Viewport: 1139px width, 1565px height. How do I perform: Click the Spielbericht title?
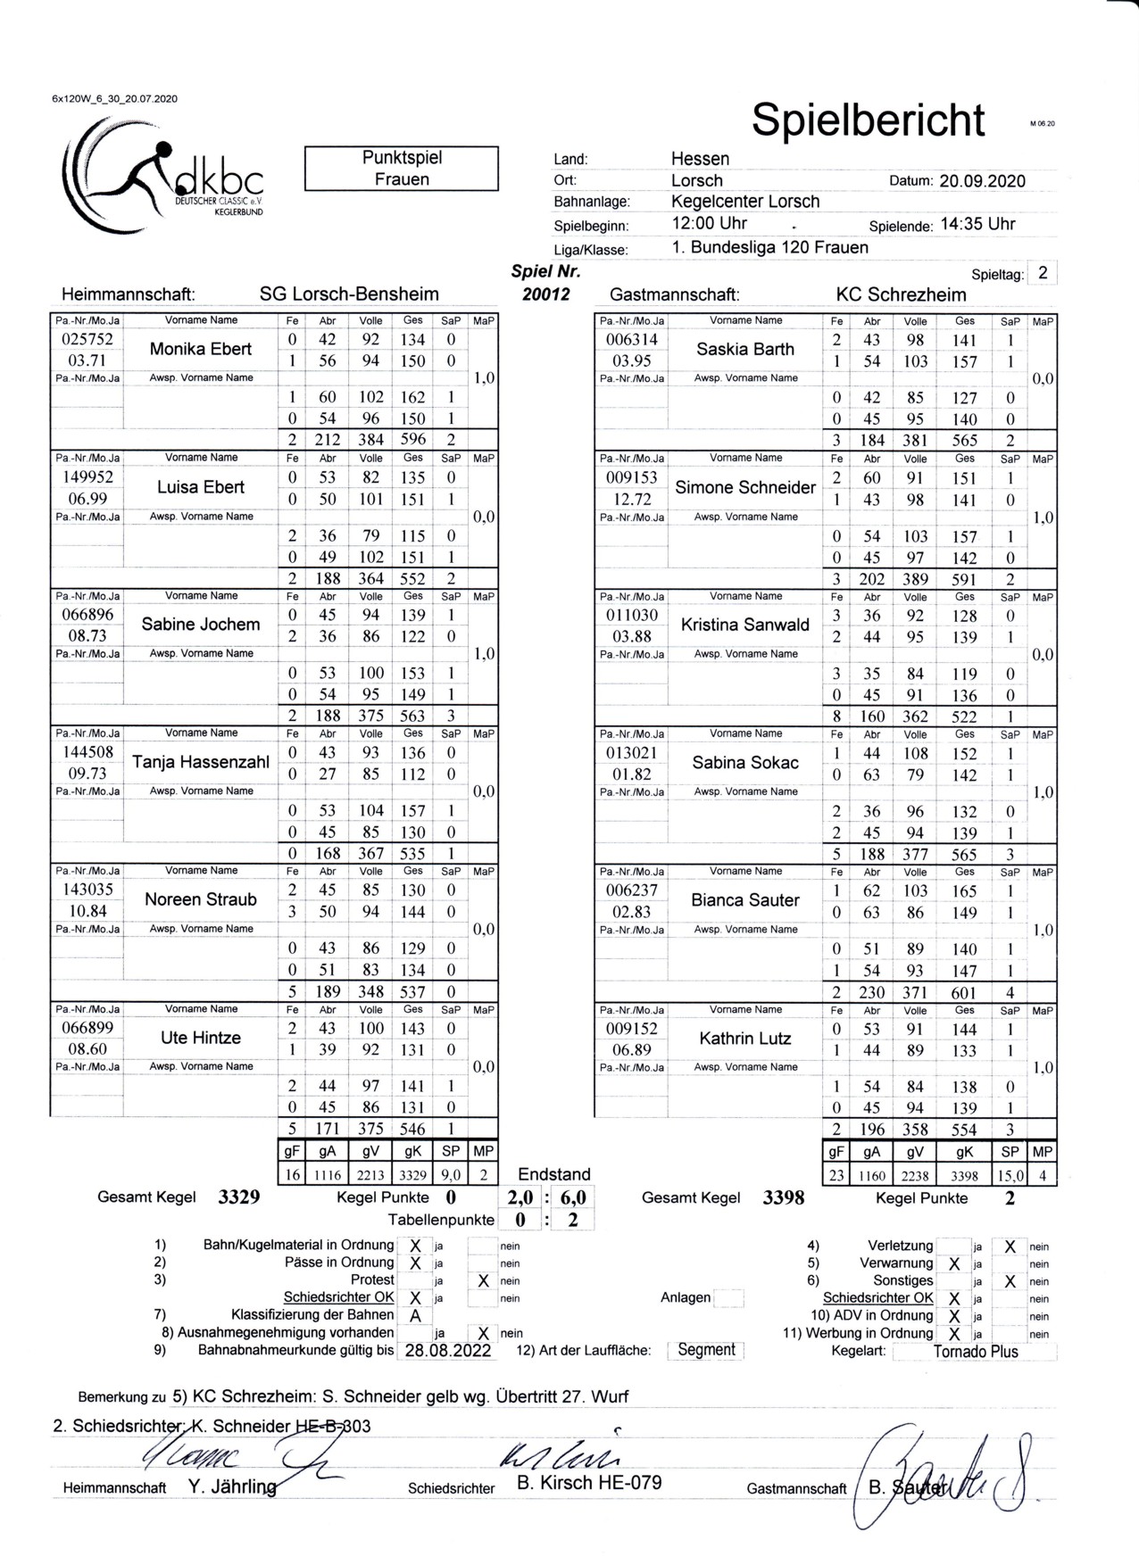pos(868,120)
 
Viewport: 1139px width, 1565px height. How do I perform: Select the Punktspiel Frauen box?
pos(401,169)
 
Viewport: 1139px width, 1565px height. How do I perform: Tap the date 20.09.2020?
pos(982,181)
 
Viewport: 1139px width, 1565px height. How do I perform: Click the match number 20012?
pos(546,294)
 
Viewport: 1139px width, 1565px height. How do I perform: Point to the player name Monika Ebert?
pos(201,349)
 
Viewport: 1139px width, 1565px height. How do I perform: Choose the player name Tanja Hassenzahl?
pos(201,762)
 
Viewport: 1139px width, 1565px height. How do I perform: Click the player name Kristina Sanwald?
pos(744,625)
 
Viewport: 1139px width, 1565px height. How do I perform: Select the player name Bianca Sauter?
pos(744,900)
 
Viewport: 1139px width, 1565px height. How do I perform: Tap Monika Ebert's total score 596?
pos(412,439)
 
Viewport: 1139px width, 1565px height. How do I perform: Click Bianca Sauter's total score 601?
pos(964,992)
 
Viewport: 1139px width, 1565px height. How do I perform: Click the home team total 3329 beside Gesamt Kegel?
pos(239,1198)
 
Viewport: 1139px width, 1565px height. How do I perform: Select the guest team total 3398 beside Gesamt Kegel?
pos(783,1198)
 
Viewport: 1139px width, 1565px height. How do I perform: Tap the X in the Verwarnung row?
pos(954,1264)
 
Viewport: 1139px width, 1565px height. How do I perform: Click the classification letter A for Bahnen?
pos(415,1316)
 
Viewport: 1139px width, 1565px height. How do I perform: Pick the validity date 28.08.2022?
pos(448,1351)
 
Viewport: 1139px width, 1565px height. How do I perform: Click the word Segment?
pos(706,1350)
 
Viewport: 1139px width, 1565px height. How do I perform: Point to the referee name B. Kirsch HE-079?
pos(589,1483)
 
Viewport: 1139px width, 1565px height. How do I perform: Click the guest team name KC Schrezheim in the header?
pos(901,294)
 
